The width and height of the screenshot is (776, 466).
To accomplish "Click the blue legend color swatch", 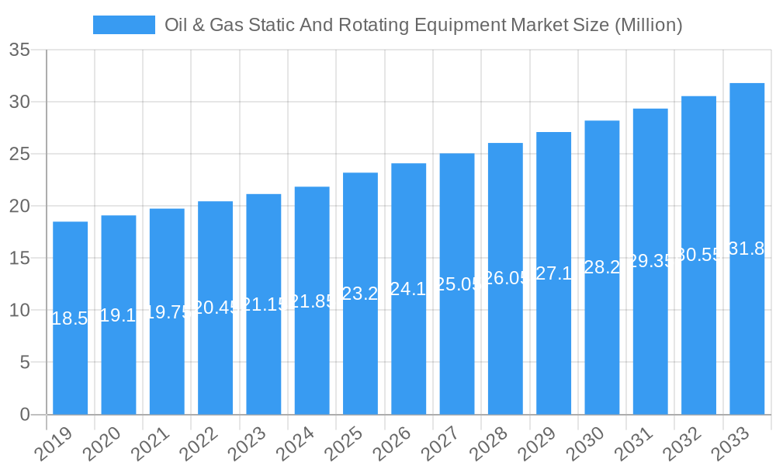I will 123,25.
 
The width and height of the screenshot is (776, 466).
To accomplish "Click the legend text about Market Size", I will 423,25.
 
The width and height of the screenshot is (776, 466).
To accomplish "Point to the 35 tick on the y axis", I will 19,50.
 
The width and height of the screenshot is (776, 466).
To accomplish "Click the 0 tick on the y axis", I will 25,414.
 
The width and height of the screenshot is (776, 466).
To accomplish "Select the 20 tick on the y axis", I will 19,206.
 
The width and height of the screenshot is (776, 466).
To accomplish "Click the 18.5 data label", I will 70,318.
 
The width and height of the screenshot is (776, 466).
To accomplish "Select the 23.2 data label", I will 360,294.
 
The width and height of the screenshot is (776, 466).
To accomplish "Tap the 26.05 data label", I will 505,278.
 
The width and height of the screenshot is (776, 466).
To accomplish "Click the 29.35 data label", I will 650,261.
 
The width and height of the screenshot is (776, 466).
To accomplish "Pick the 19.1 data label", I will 119,315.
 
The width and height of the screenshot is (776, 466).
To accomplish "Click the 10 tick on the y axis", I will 19,310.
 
